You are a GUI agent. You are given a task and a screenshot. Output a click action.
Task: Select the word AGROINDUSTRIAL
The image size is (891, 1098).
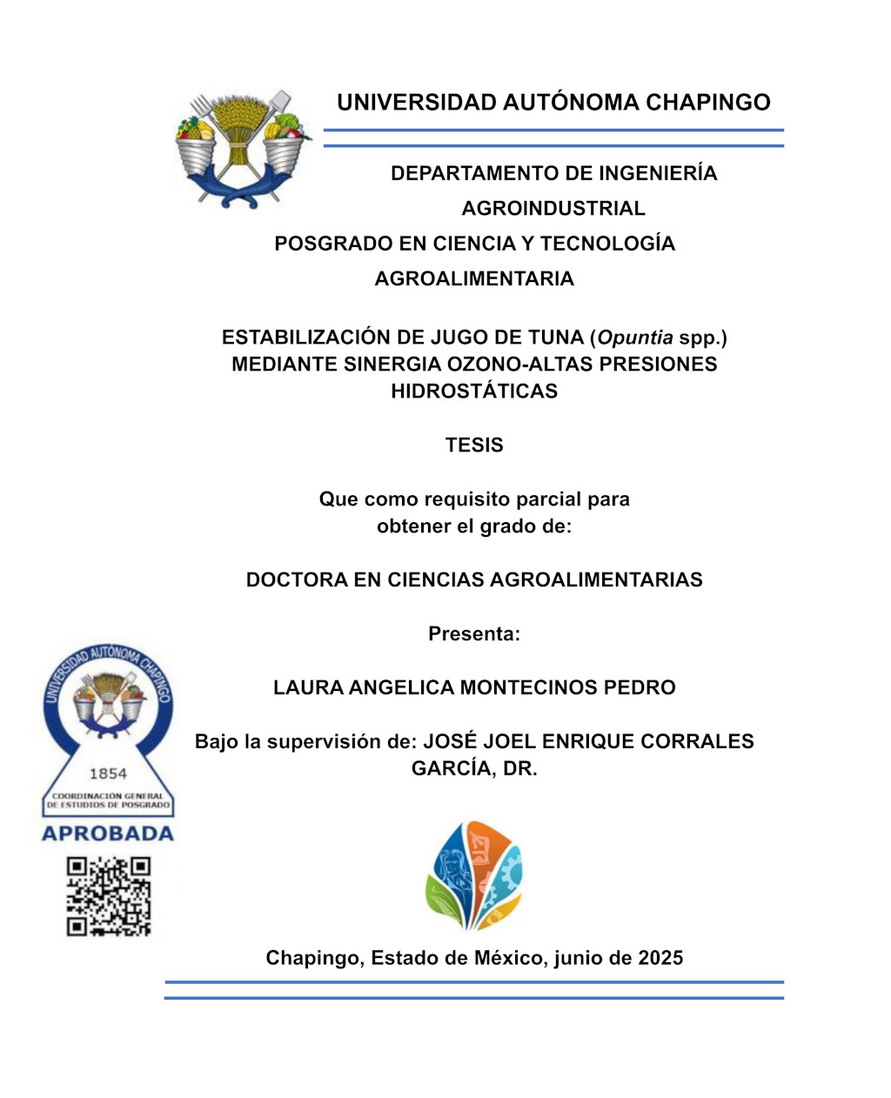[x=553, y=209]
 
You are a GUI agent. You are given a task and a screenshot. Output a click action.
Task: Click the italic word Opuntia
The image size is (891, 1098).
[x=634, y=338]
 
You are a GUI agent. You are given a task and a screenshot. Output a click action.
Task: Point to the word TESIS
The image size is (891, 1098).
[x=474, y=445]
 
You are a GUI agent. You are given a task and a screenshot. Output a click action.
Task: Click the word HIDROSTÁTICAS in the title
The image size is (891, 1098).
[x=474, y=392]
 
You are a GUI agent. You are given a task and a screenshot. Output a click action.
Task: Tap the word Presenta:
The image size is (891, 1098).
[x=474, y=634]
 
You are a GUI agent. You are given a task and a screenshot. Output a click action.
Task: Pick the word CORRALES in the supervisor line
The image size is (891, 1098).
[x=697, y=742]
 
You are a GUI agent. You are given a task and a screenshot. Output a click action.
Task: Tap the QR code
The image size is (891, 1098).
[x=109, y=896]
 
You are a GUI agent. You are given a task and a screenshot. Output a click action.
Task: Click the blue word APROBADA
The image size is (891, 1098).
[x=108, y=834]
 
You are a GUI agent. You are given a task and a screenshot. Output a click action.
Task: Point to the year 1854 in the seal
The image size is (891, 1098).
[x=108, y=773]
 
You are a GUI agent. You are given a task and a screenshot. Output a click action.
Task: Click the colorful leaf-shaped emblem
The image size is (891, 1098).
[x=473, y=875]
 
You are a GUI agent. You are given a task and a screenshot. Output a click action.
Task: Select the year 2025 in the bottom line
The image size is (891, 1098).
[x=660, y=959]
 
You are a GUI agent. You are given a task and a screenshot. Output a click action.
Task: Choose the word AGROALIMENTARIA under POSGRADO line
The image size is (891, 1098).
[x=474, y=279]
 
